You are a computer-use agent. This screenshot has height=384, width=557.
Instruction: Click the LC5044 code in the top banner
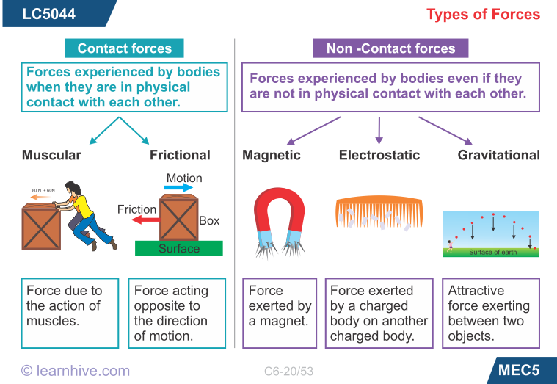click(x=48, y=14)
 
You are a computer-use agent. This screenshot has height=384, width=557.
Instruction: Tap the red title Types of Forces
click(x=483, y=15)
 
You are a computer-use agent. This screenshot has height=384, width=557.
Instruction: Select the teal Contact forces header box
click(x=124, y=48)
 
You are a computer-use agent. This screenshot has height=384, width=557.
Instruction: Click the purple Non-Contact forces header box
click(x=390, y=48)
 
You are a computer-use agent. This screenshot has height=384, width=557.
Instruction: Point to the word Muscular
click(x=51, y=155)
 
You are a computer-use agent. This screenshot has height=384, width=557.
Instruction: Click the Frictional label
click(x=180, y=155)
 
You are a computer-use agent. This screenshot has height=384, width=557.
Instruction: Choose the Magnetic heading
click(x=272, y=155)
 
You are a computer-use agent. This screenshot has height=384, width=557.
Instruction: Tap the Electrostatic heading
click(x=379, y=155)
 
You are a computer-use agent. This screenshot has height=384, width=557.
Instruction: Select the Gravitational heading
click(x=498, y=155)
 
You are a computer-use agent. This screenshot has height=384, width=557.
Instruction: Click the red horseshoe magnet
click(x=279, y=213)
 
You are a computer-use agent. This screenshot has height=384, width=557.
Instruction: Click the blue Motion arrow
click(x=178, y=188)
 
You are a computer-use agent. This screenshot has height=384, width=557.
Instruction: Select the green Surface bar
click(x=179, y=248)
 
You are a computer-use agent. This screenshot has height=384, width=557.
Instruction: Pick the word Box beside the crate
click(x=209, y=220)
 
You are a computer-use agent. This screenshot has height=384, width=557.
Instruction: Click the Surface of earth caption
click(x=492, y=252)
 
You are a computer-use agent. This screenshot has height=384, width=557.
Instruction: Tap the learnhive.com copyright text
click(x=75, y=371)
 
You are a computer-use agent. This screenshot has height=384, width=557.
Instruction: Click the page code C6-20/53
click(x=288, y=372)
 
